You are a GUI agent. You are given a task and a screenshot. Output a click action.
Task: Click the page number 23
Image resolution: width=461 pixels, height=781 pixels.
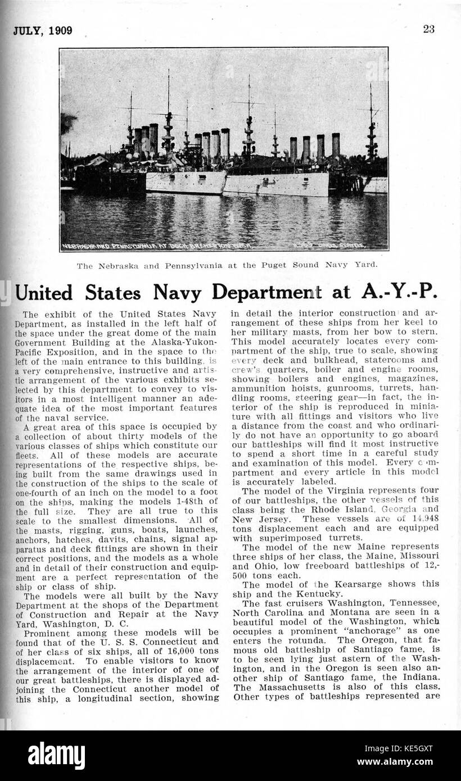pos(428,30)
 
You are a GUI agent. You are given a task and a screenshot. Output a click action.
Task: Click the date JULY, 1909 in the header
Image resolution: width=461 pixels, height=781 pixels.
pos(43,31)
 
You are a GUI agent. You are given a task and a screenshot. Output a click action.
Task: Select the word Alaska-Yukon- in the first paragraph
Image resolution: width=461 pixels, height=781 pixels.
pos(186,342)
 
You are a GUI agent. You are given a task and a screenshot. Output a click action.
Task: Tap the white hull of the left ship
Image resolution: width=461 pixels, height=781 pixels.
pos(186,183)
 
